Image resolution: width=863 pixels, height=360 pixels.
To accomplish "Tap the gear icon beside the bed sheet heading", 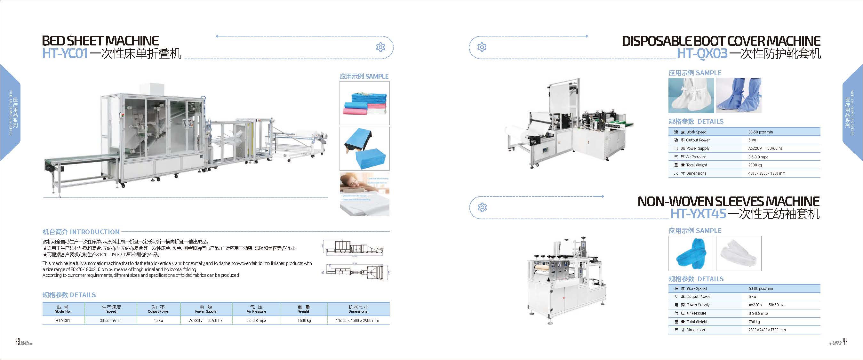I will point(380,47).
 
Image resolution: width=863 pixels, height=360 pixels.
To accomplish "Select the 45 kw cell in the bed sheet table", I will point(158,321).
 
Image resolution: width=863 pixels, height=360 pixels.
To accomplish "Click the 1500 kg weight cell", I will point(304,321).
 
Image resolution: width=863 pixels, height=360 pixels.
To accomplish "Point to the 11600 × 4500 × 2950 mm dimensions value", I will point(357,321).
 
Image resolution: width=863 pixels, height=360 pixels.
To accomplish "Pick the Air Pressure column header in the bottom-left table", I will point(256,309).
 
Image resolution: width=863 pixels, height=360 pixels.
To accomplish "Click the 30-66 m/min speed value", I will point(111,321).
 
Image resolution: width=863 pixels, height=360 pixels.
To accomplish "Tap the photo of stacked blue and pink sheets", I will point(364,103).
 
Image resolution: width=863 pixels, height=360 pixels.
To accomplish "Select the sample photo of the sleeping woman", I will point(364,194).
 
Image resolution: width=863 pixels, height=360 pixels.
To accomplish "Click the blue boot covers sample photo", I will point(739,95).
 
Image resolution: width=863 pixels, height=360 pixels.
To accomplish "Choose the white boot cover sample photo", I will point(691,95).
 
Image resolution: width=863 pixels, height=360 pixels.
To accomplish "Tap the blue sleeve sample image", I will point(691,253).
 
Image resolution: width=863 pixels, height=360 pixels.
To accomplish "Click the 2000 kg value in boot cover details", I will point(755,165).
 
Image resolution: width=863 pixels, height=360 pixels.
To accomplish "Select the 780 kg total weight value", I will point(754,322).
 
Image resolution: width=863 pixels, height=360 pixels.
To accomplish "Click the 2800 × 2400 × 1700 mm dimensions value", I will point(767,330).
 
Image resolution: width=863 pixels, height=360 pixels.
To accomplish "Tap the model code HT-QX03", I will point(702,53).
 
